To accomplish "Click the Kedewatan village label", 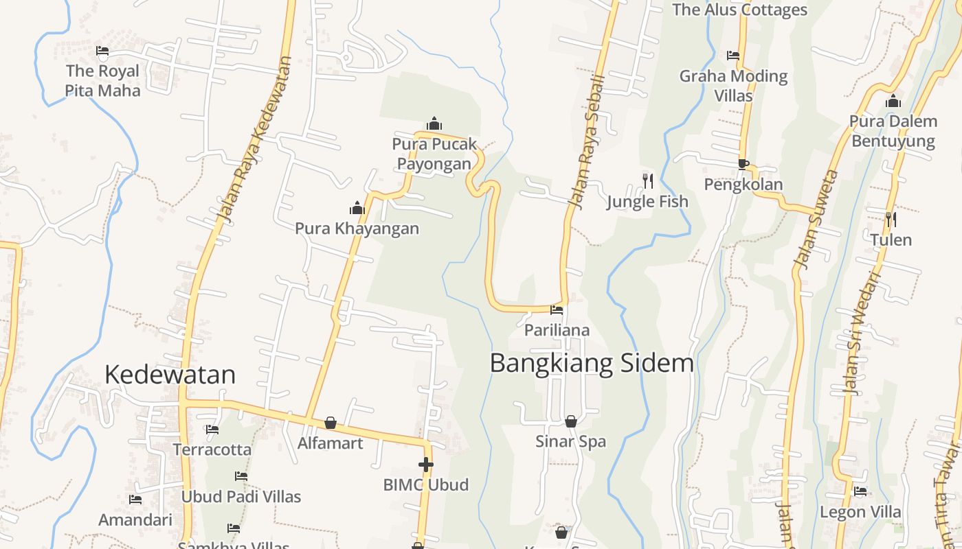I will [170, 374].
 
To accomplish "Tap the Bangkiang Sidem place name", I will [592, 363].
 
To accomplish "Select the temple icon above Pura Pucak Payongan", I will [434, 124].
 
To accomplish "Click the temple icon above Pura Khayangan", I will [357, 208].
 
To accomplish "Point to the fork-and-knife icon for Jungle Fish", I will [648, 181].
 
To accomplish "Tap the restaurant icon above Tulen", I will [891, 220].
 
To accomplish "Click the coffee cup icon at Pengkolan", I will [743, 164].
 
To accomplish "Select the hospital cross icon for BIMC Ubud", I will [426, 465].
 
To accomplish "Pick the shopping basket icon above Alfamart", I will [331, 423].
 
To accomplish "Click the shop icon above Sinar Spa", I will [570, 421].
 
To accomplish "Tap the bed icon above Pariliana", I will [557, 310].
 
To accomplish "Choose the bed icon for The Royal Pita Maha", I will [102, 51].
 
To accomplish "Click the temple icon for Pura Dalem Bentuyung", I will [893, 102].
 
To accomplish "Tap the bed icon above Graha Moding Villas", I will [733, 56].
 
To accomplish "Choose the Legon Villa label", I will [860, 512].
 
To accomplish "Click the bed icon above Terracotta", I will [212, 430].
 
